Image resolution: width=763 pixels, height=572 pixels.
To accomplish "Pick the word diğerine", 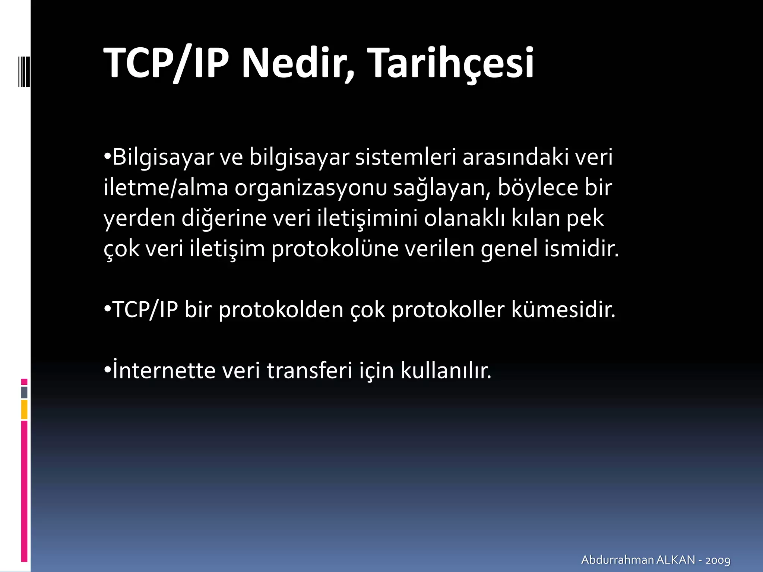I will (224, 218).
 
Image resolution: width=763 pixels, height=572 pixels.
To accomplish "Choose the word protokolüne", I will (335, 249).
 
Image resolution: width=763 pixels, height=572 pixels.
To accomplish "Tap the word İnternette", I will (164, 370).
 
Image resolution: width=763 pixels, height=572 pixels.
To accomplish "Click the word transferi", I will (309, 370).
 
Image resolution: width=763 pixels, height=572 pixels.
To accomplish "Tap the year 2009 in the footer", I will (718, 560).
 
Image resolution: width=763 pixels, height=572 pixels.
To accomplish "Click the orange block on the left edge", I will (24, 410).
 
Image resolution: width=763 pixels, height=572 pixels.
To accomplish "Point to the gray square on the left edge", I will (24, 392).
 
